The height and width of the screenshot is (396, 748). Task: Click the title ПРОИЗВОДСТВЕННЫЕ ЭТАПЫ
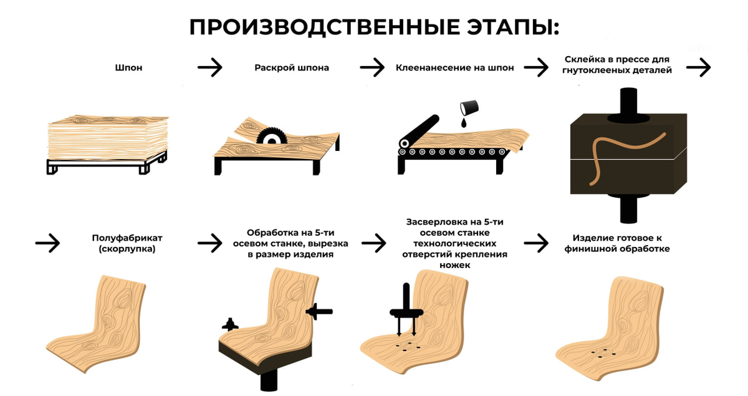coord(374,27)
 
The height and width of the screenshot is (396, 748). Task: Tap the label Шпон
coord(129,67)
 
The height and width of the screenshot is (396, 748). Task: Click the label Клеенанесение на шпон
coord(454,67)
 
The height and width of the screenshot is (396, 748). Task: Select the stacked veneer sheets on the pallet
coord(107,138)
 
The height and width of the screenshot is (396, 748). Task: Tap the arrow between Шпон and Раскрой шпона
coord(210,67)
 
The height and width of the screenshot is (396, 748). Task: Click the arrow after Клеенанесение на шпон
coord(536,67)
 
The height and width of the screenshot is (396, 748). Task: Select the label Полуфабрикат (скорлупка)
coord(127,243)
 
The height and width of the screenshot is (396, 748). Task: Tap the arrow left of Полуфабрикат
coord(47,243)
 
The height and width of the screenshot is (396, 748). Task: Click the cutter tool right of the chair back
coord(320,311)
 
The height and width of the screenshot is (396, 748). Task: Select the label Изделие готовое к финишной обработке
coord(617,243)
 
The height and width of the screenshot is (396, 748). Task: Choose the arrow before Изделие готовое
coord(536,243)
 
